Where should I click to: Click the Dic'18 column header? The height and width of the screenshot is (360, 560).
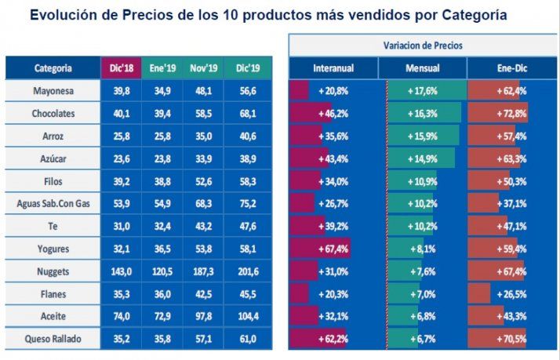click(x=121, y=68)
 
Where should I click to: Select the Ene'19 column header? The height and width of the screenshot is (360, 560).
click(x=162, y=68)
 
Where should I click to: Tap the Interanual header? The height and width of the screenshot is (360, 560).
click(x=333, y=68)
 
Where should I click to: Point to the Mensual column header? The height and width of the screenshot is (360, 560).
click(x=422, y=68)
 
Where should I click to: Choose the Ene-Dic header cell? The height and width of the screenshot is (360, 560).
click(x=511, y=68)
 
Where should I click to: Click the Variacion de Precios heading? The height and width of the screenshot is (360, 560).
click(x=422, y=45)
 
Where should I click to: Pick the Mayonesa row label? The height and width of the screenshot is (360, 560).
click(x=54, y=91)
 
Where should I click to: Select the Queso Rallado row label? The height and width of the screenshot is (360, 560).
click(x=54, y=340)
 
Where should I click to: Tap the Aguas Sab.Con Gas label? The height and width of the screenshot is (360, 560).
click(x=54, y=204)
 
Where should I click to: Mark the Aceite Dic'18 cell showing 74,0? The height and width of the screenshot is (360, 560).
click(x=121, y=317)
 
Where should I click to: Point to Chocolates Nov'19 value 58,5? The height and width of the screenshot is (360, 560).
click(x=204, y=114)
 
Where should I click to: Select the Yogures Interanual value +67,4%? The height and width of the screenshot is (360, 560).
click(x=333, y=249)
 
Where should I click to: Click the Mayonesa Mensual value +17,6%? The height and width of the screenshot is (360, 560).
click(x=422, y=91)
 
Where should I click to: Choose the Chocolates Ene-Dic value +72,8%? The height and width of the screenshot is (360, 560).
click(x=511, y=114)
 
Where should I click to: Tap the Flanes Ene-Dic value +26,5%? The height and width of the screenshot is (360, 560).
click(x=511, y=294)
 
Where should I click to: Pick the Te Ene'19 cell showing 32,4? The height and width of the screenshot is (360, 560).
click(x=162, y=227)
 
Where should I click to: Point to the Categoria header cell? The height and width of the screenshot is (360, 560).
click(x=53, y=68)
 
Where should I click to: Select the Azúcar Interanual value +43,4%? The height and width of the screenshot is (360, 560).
click(x=333, y=158)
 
